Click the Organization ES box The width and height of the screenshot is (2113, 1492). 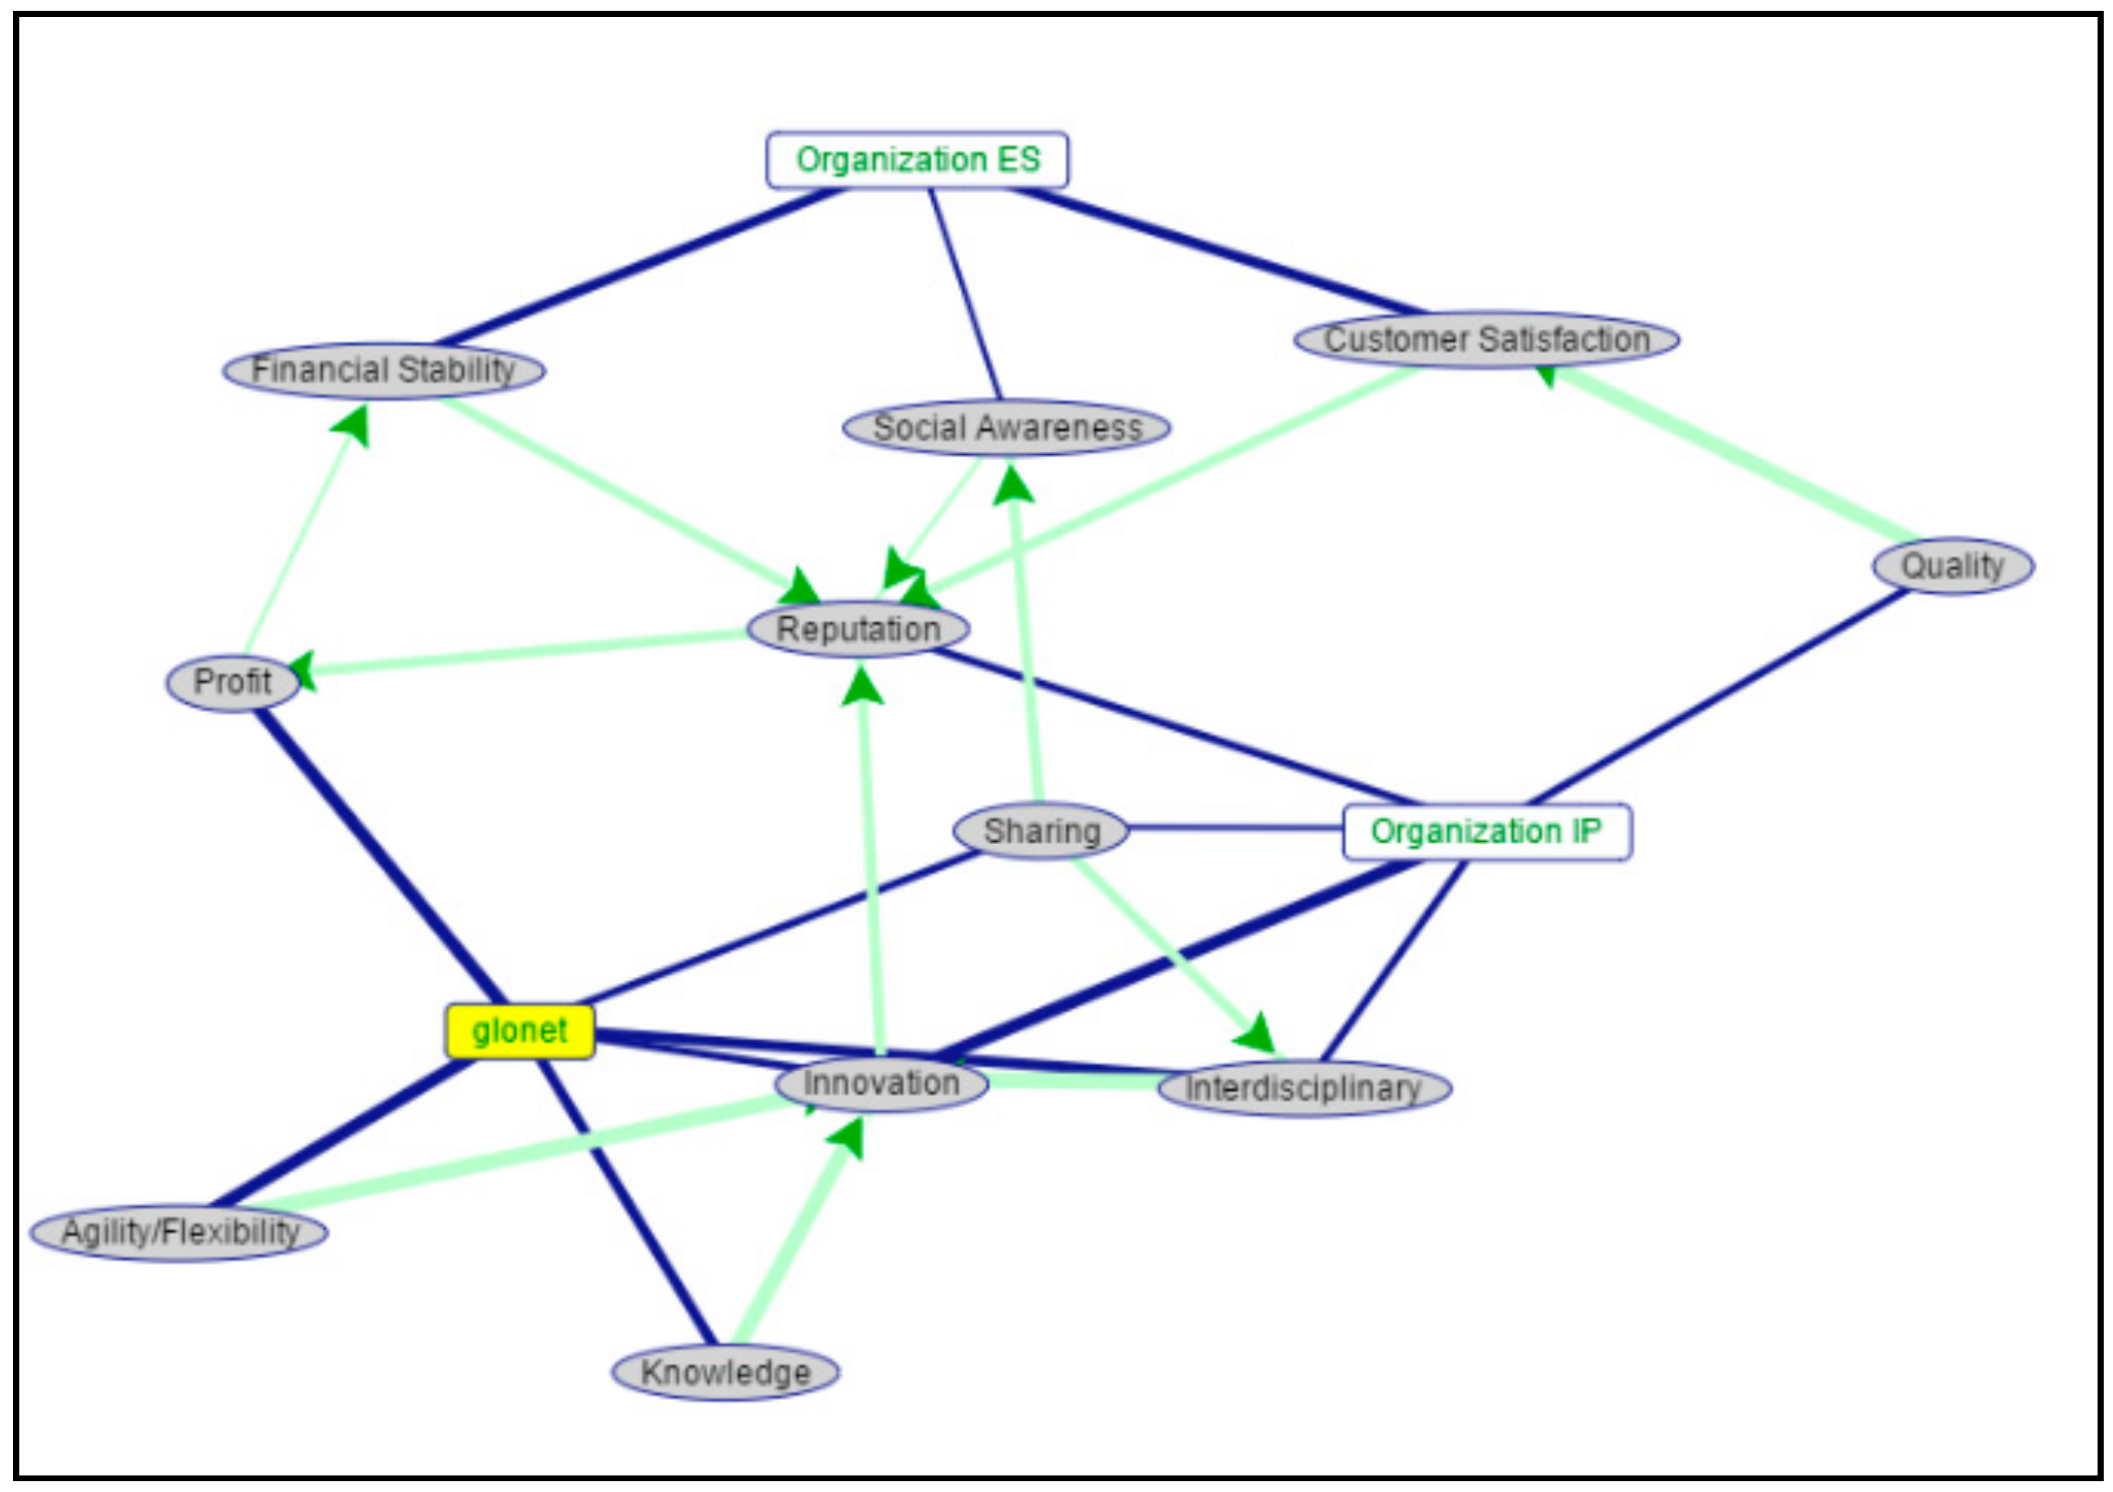pos(917,160)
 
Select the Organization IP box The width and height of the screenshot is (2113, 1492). pos(1486,832)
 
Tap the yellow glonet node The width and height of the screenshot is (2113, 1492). pos(520,1031)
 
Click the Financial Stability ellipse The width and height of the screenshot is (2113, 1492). pos(384,371)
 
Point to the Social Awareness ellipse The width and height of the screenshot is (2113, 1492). pos(1007,428)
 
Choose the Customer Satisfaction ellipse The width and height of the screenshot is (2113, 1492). pos(1486,340)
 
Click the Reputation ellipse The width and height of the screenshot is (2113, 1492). pos(858,629)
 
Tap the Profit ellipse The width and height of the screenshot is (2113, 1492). pos(232,683)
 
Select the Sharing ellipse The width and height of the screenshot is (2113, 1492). pos(1041,831)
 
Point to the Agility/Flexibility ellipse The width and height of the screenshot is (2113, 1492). pos(179,1232)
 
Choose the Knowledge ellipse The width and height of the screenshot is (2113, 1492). pos(725,1372)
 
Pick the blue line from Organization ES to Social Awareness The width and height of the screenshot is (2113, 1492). pos(965,294)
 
